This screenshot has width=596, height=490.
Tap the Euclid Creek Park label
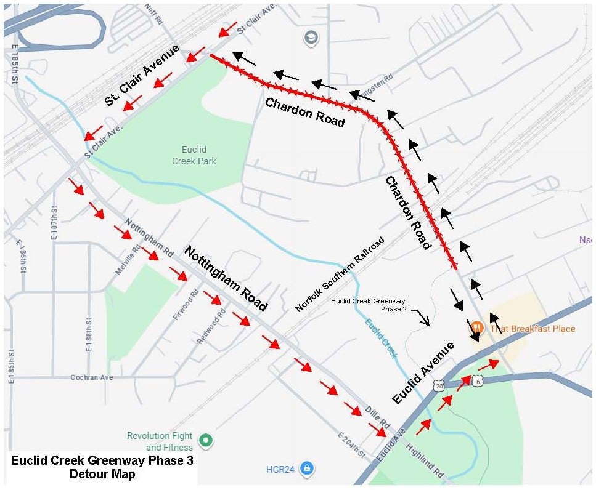(194, 155)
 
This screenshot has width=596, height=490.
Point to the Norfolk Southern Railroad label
(340, 274)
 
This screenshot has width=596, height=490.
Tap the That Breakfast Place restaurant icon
(476, 328)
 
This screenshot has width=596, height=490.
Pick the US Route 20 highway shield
(438, 385)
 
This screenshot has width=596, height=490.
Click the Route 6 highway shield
(478, 382)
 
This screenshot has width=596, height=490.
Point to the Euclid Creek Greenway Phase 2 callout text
(369, 305)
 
